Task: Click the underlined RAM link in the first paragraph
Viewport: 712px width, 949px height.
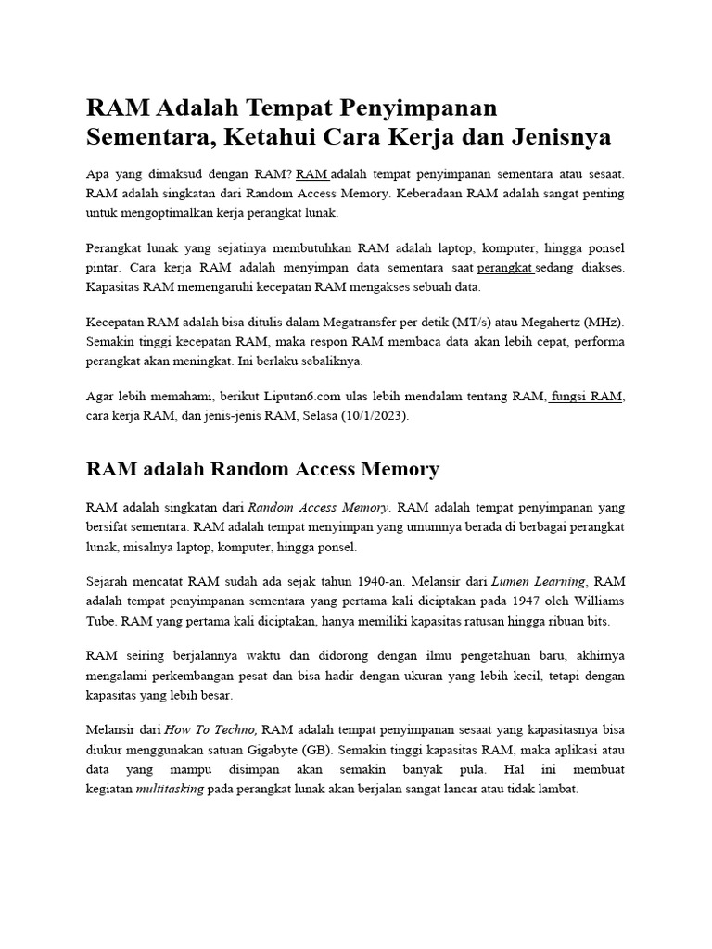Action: (312, 174)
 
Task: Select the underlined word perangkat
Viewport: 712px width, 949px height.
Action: (505, 268)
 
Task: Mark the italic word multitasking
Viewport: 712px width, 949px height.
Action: (170, 789)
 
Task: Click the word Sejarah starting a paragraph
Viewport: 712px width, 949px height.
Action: (110, 582)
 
